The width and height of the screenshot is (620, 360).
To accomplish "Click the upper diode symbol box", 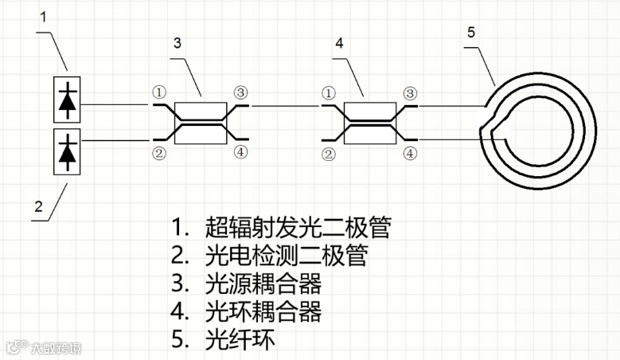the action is (68, 101).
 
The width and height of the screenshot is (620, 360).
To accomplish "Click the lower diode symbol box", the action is (68, 151).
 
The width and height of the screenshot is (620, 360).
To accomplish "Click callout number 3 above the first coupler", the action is (177, 42).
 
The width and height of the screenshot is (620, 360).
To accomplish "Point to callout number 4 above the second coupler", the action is (340, 42).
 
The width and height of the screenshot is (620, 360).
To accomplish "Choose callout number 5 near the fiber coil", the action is (470, 33).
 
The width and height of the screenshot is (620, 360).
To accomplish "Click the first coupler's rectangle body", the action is (201, 123).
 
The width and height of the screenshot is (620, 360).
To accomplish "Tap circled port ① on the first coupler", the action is (159, 93).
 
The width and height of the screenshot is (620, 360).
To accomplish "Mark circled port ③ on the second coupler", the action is (410, 93).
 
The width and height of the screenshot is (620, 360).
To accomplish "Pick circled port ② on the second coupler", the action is (327, 154).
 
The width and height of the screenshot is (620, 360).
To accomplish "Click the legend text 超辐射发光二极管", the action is (298, 228).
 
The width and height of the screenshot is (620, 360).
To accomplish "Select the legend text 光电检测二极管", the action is (287, 256).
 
